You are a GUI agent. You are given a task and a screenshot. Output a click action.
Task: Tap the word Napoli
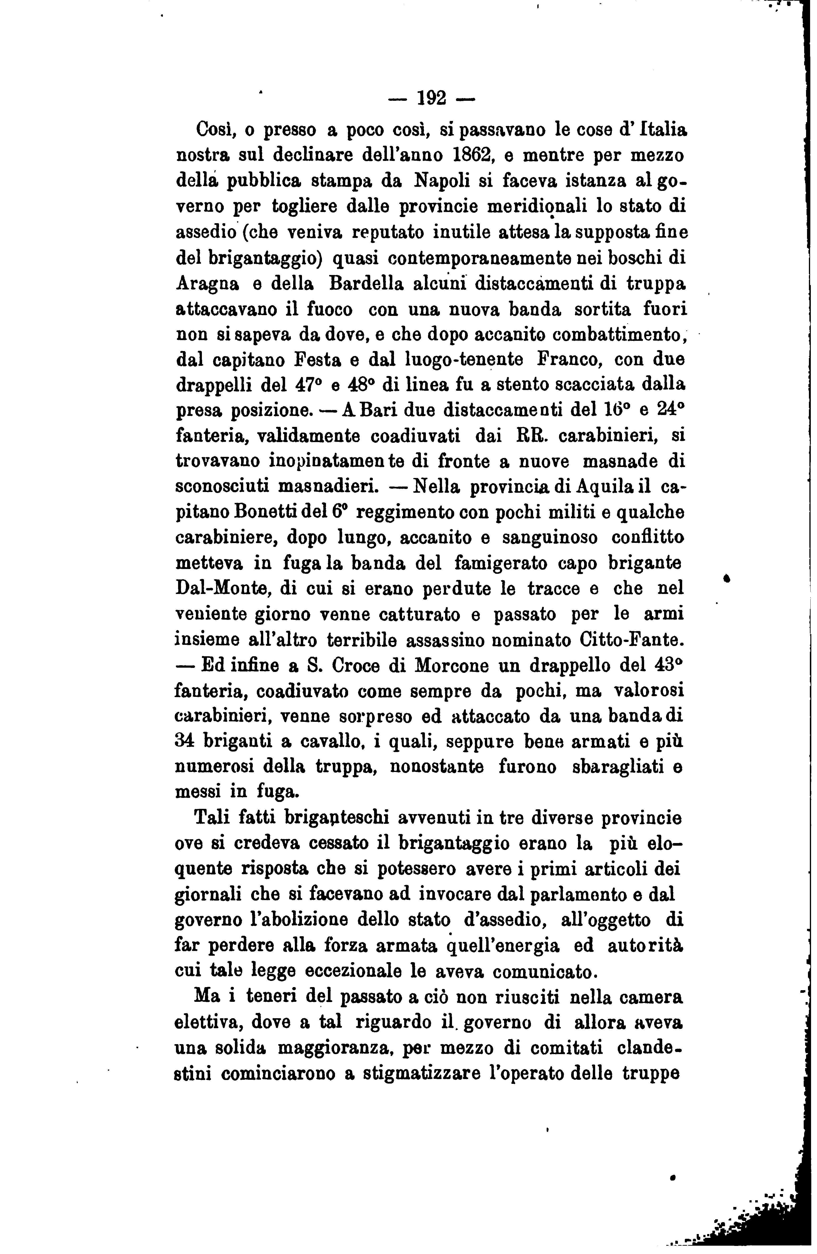[441, 181]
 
